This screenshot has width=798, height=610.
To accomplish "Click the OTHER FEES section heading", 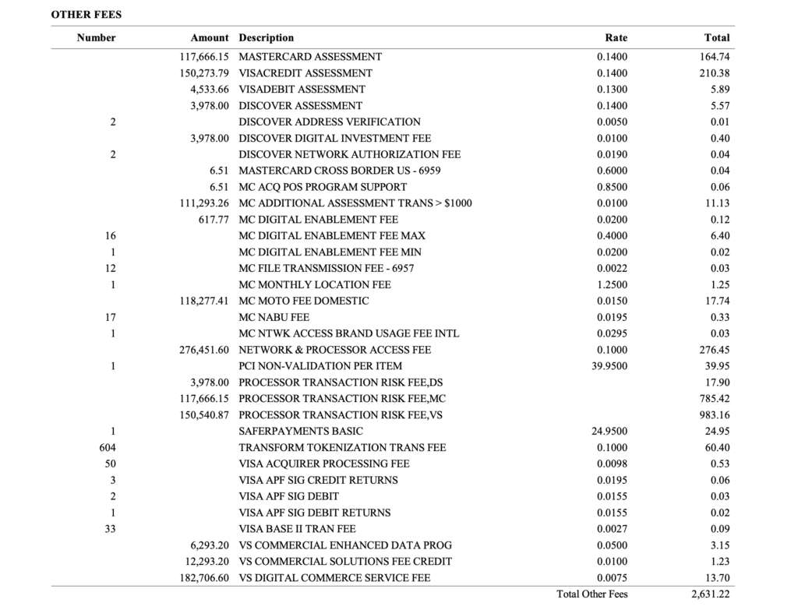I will coord(87,14).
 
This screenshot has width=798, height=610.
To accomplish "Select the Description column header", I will coord(267,37).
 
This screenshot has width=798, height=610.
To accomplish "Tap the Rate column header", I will coord(616,37).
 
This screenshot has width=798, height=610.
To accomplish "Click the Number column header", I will coord(96,37).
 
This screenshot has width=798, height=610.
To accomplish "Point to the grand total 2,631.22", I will coord(710,594).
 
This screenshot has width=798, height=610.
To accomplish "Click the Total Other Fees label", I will coord(591,594).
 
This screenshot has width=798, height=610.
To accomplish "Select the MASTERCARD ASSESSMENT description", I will coord(310,57).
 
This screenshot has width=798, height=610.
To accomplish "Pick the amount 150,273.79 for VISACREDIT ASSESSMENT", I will coord(204,73).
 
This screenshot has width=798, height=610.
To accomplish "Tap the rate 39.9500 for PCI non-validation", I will coord(609,366).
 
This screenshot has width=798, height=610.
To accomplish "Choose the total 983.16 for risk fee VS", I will coord(714,415).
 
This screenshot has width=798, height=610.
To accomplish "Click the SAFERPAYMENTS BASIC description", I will coord(301,432).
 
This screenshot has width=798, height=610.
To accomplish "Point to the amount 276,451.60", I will coord(204,350).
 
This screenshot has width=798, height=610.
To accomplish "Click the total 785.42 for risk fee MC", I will coord(714,399).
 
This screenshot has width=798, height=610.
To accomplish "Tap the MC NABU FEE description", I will coord(274,317).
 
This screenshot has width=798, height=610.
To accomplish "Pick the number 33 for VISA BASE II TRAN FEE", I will coord(110,529).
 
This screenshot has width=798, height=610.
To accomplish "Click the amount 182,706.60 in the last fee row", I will coord(204,578).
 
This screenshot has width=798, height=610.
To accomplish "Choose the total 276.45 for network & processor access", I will coord(714,350).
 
